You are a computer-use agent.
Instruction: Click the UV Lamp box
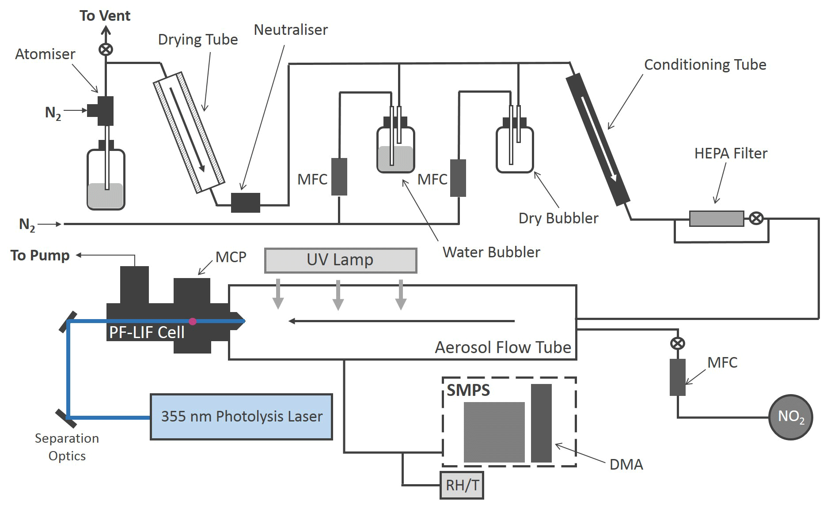pos(340,260)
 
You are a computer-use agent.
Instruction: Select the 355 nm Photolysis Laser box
pos(241,417)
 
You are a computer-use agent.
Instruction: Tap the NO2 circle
pos(791,417)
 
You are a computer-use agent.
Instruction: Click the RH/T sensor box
pos(462,485)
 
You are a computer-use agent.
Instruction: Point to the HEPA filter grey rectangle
pos(716,218)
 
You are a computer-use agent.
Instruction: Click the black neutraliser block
pos(246,203)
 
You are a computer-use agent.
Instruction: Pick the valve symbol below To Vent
pos(106,49)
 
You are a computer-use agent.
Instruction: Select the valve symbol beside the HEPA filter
pos(756,218)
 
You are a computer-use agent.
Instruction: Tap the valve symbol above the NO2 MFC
pos(678,343)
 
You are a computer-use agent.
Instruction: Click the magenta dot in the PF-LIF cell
pos(193,321)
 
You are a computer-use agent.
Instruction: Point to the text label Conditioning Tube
pos(705,65)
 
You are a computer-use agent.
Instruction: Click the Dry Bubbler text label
pos(558,218)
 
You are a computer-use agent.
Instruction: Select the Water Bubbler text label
pos(491,252)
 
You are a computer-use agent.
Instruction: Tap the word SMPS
pos(468,390)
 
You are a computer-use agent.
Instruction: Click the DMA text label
pos(626,464)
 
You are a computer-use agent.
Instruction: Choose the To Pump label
pos(40,256)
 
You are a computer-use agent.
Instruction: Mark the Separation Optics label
pos(67,447)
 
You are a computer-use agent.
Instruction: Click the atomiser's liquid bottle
pos(106,180)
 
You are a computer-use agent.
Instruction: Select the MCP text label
pos(231,257)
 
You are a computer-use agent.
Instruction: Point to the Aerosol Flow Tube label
pos(503,347)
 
